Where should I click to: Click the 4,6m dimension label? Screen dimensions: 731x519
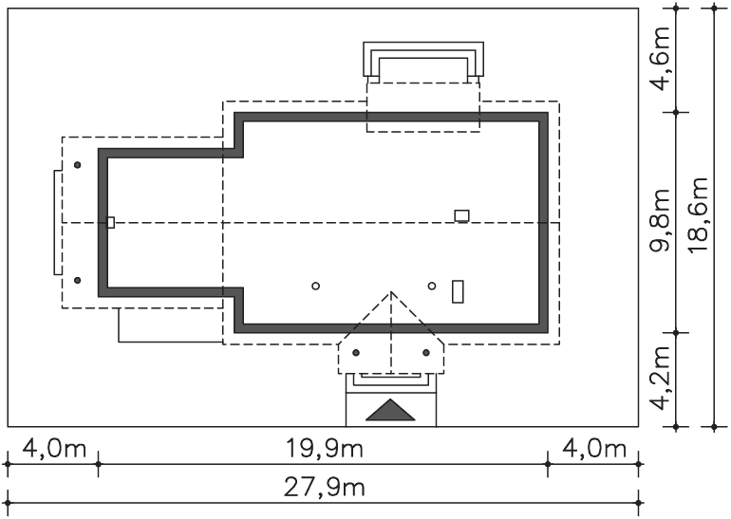click(661, 59)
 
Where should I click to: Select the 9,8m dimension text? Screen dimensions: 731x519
click(661, 220)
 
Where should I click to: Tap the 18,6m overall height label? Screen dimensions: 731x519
click(699, 215)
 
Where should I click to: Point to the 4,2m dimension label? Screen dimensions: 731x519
click(661, 378)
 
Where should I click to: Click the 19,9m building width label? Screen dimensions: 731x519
click(324, 449)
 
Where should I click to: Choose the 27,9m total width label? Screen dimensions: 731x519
click(324, 488)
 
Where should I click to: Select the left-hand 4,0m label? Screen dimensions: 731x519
click(54, 449)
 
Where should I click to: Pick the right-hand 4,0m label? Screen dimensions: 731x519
click(594, 449)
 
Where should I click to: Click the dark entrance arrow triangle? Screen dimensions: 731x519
click(390, 410)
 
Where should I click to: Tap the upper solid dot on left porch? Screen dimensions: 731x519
click(78, 165)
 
